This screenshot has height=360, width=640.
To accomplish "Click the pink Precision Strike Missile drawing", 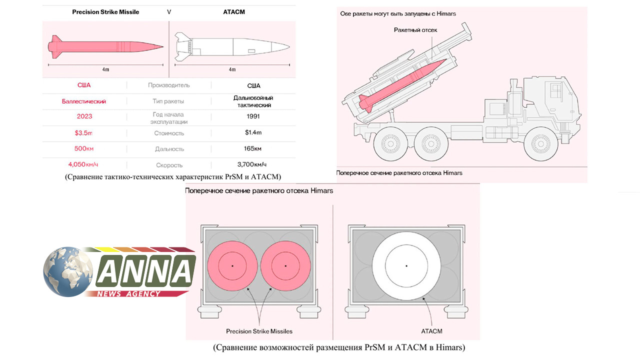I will coord(105,47).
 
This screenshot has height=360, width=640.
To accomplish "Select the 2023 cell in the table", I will coord(84,116).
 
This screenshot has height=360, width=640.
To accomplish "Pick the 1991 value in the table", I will coord(253,116).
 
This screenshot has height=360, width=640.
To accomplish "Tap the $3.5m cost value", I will coord(84,133).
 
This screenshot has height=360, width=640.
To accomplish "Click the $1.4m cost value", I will coord(253,133).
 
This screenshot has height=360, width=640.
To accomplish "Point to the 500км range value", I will coord(84,149).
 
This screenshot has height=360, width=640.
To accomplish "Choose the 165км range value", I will coord(253,149).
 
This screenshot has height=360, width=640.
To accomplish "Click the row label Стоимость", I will coord(169,133).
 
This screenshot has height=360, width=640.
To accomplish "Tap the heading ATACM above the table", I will coord(233,12).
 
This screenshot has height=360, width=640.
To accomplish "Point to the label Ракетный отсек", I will coord(415,30).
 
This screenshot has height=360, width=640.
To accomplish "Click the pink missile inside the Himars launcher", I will coord(400,84).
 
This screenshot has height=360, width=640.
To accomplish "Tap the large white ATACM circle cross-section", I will coord(406,265).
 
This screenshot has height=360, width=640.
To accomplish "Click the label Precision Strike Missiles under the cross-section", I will coord(259,331).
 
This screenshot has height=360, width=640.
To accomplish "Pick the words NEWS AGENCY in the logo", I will coord(129,294).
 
